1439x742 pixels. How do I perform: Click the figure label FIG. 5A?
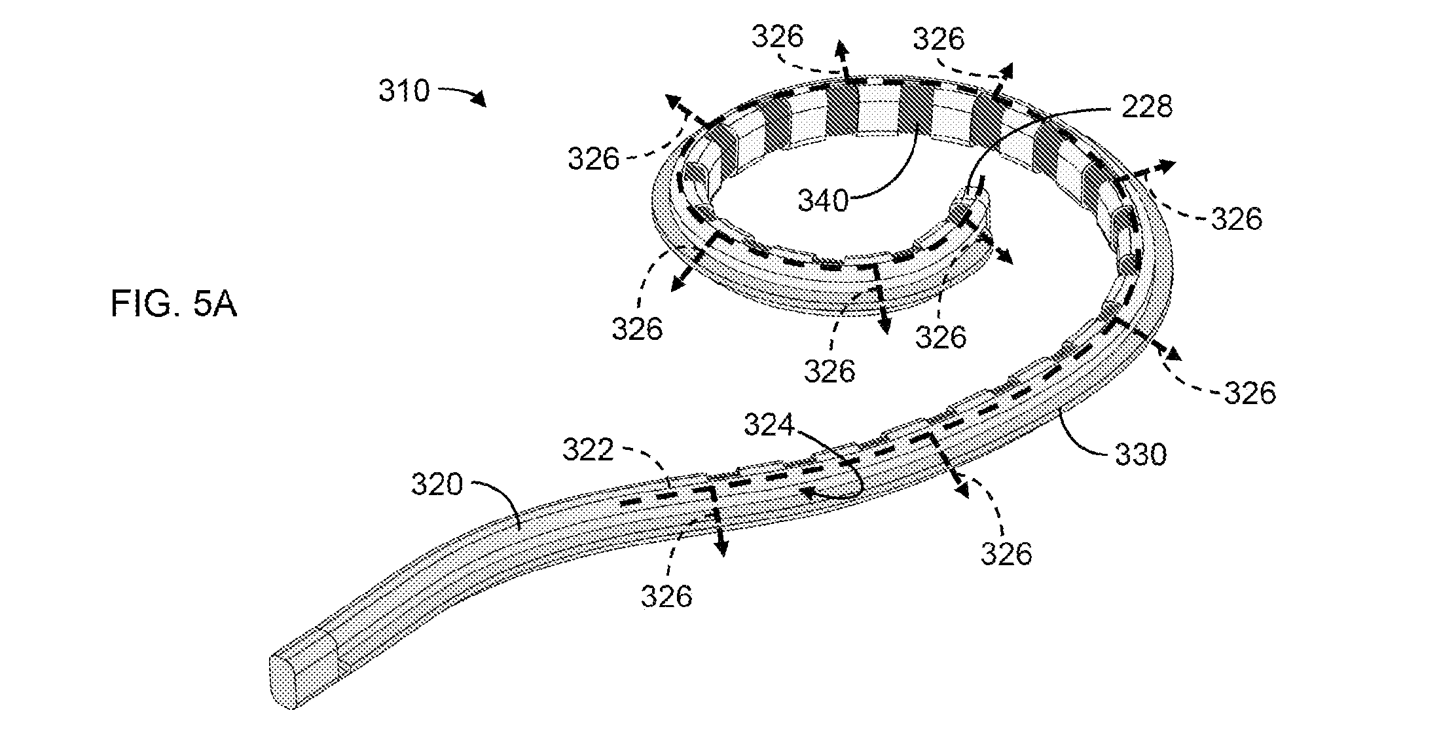173,305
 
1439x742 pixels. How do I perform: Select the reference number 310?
404,90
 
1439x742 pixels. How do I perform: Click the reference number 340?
823,200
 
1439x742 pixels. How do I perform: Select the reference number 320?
437,485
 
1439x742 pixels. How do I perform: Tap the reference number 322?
589,451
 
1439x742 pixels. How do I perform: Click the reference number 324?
769,426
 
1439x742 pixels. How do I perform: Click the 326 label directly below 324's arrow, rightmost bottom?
1006,554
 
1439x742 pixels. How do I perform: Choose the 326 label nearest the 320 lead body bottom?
666,596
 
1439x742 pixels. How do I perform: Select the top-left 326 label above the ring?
777,37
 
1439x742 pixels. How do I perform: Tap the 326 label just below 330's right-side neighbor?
1250,393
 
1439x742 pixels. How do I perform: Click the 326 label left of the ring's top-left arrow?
593,158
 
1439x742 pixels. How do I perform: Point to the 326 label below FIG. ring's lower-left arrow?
637,329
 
